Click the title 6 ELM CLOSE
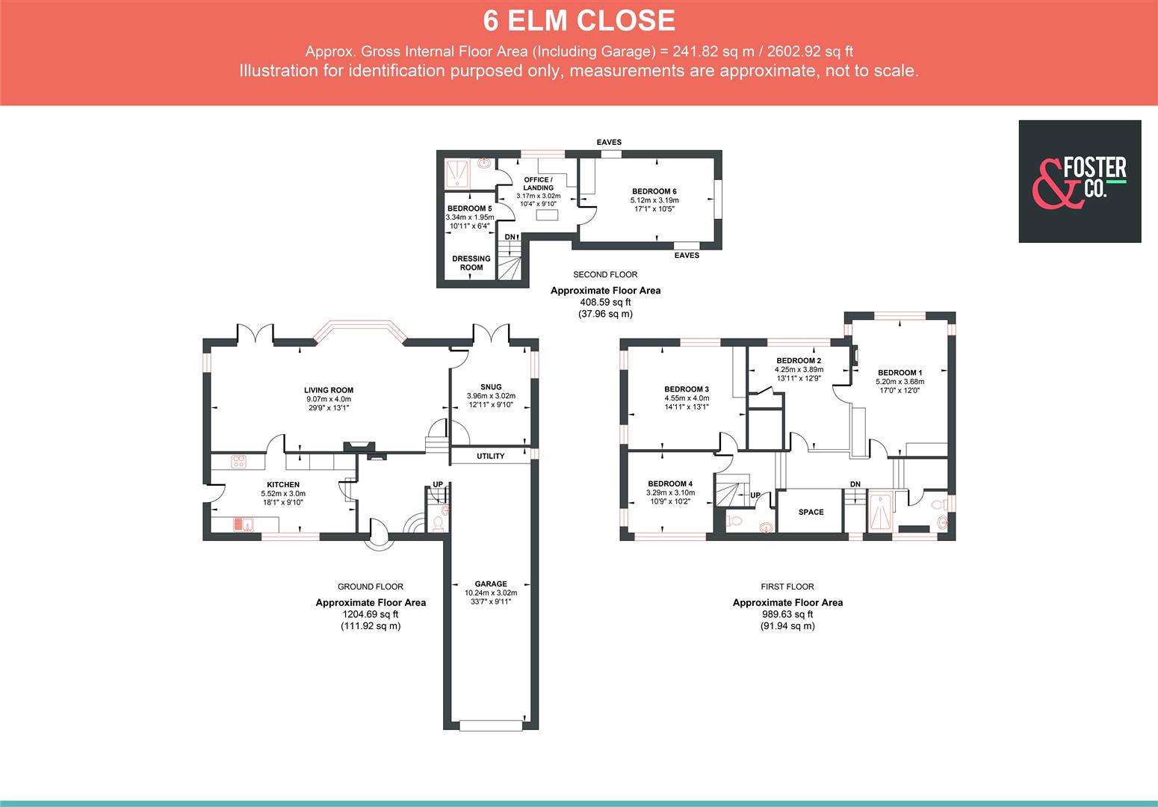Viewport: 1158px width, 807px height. (579, 21)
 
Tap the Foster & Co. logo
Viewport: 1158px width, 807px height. (1080, 181)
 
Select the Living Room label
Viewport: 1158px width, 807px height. (329, 390)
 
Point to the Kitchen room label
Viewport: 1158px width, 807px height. (283, 485)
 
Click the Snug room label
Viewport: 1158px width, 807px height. (491, 387)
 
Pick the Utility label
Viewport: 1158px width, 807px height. (491, 456)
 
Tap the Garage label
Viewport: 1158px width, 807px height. (491, 584)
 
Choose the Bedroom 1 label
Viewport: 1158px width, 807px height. (900, 373)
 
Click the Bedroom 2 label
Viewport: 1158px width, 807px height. (799, 361)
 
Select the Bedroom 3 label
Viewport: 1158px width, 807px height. (687, 389)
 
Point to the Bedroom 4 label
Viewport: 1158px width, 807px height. (670, 483)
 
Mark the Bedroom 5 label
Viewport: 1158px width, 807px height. (469, 208)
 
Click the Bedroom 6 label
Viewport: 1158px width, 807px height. (654, 191)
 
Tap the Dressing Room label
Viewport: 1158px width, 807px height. (471, 263)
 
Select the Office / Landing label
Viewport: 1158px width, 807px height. (538, 184)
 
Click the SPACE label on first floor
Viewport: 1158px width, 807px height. (811, 512)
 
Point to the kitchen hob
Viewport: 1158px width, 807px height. (240, 462)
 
